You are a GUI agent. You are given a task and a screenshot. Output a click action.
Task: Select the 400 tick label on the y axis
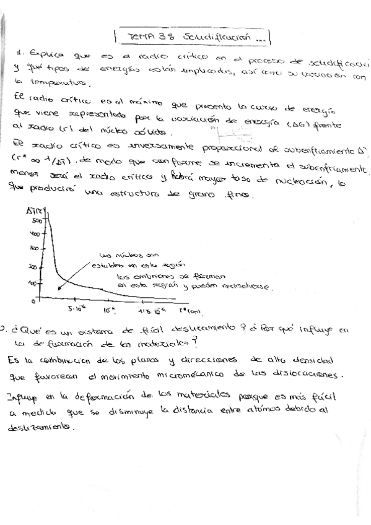click(35, 234)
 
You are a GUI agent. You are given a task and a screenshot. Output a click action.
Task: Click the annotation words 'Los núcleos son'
click(121, 254)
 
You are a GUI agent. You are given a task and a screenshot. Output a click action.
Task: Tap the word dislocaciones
click(318, 374)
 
